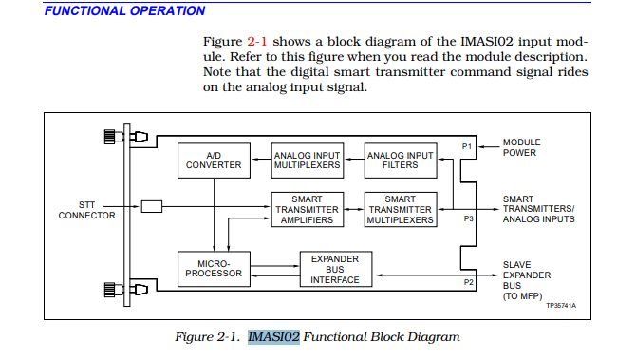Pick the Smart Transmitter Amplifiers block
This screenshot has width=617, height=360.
click(306, 210)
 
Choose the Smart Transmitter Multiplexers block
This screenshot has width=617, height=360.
click(400, 210)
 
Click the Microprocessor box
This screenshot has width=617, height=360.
click(210, 268)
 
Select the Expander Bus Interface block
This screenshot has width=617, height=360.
click(335, 268)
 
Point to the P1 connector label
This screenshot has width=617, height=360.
click(466, 146)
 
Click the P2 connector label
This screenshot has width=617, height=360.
click(467, 282)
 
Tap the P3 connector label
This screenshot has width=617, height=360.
click(467, 218)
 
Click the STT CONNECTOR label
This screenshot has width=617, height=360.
click(86, 210)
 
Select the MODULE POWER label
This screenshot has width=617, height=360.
click(521, 147)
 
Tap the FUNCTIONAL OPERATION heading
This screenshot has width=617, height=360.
click(124, 11)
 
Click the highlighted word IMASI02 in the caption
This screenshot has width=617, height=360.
click(273, 337)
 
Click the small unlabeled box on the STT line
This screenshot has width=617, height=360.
click(151, 206)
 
